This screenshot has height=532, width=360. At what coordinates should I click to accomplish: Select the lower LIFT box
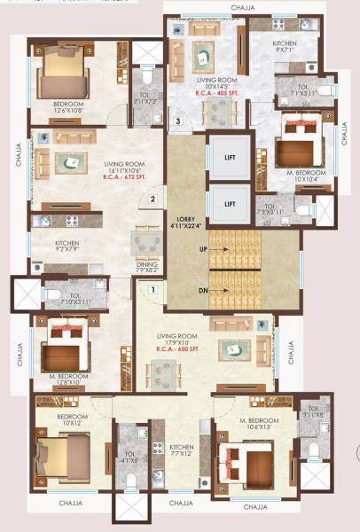pyautogui.click(x=230, y=204)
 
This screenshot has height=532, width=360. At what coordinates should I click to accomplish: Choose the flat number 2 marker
pyautogui.click(x=153, y=199)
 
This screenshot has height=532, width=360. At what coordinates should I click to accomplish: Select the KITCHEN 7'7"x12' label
pyautogui.click(x=181, y=450)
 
